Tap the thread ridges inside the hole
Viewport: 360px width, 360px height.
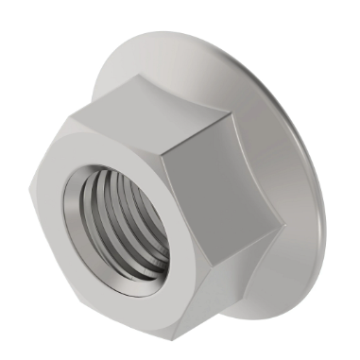tap(142, 236)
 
